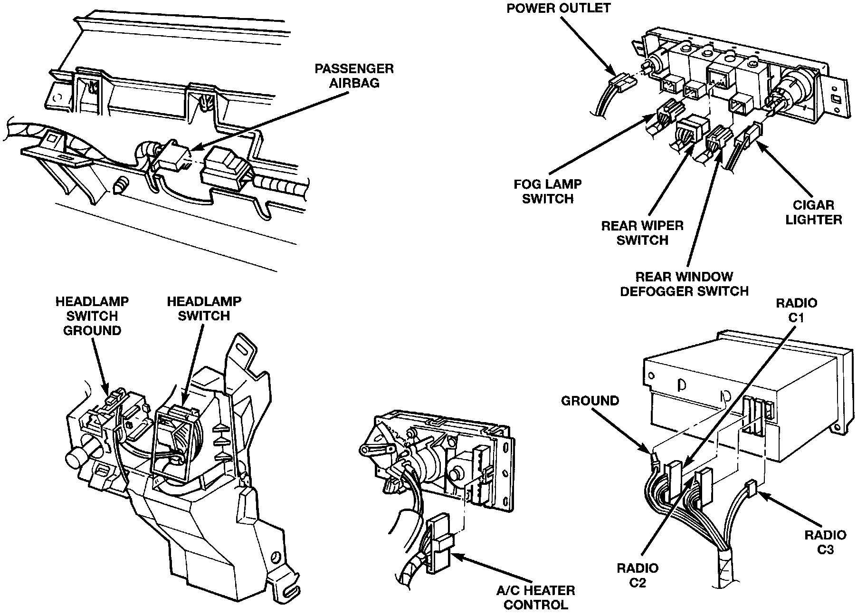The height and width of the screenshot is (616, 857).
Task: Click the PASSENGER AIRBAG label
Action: (354, 76)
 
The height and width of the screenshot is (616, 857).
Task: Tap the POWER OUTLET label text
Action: (558, 8)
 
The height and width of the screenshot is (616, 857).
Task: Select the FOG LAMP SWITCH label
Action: (547, 191)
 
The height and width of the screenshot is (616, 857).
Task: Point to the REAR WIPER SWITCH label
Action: (642, 232)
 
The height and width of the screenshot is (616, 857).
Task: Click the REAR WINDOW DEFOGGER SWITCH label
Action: (684, 283)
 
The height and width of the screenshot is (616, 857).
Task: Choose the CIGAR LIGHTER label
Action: (813, 212)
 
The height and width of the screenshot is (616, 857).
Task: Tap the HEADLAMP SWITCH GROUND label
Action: (92, 316)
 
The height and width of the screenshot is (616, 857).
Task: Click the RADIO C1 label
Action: (796, 310)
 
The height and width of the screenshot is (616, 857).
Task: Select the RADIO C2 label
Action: (638, 575)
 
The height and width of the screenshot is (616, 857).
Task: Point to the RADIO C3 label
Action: (825, 542)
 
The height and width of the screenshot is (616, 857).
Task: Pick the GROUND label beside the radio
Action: (590, 401)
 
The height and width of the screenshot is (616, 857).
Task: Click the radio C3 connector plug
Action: (751, 488)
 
